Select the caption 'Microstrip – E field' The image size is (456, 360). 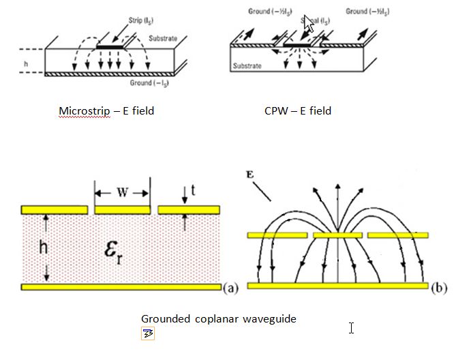(x=106, y=110)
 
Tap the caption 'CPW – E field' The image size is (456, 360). (x=298, y=110)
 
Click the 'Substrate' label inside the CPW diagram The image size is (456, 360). (x=250, y=67)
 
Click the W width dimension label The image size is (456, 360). (x=122, y=193)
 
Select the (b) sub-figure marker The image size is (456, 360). (x=438, y=288)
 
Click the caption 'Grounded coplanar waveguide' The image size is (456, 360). (x=218, y=318)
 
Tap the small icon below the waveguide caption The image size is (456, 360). (x=148, y=333)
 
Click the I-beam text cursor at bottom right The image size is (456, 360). (x=351, y=329)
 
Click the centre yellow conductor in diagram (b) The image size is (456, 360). (x=337, y=235)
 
